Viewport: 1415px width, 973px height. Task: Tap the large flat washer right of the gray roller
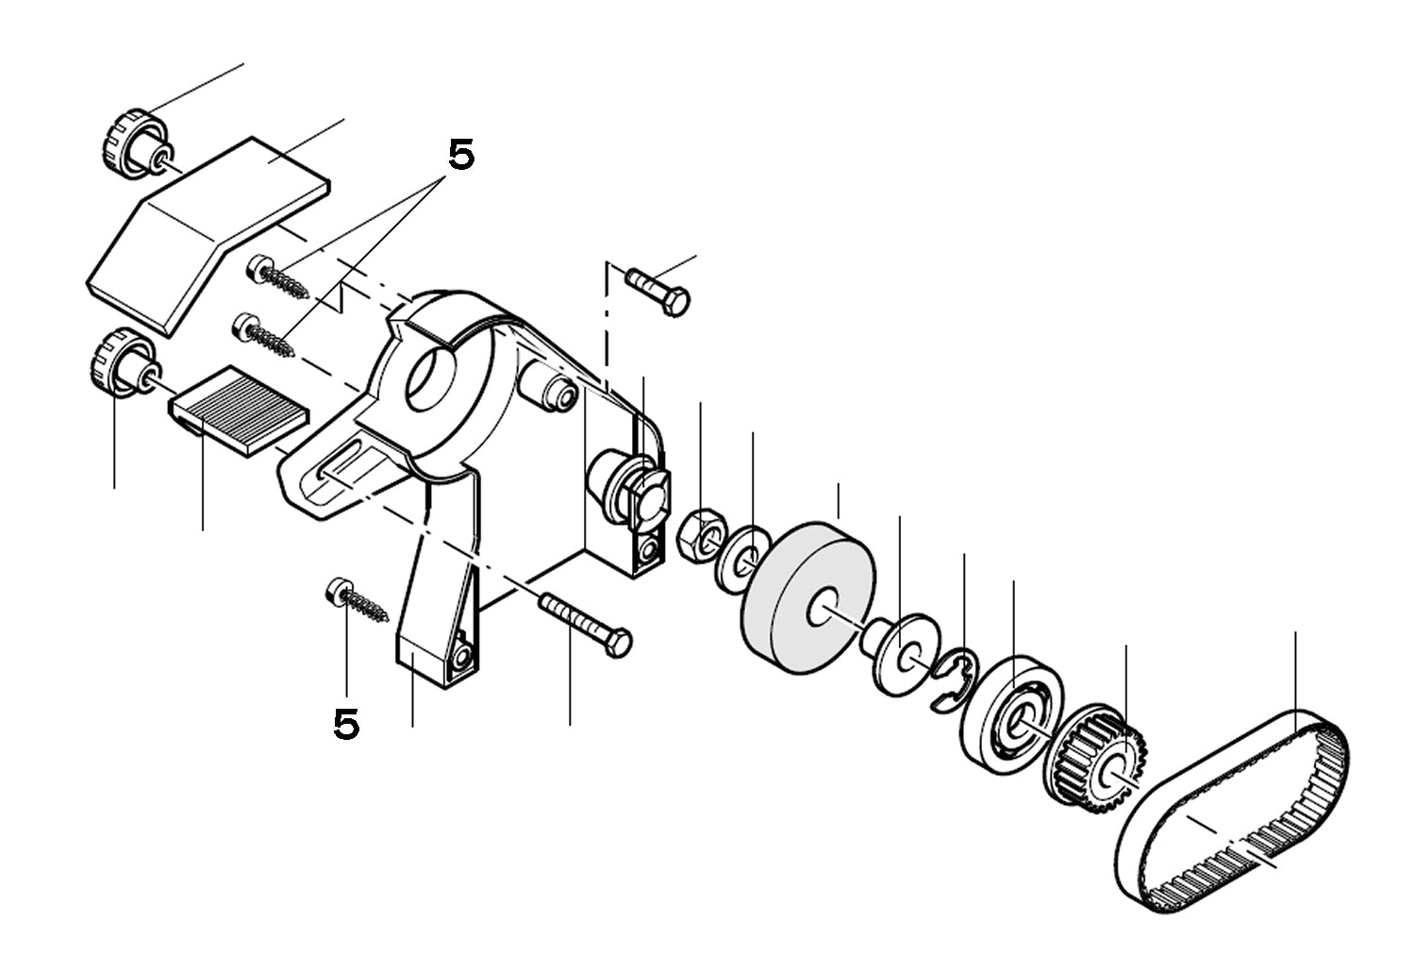901,655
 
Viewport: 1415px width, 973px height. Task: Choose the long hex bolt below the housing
585,623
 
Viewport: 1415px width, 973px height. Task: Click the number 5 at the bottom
346,724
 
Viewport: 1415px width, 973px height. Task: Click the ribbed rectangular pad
241,411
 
